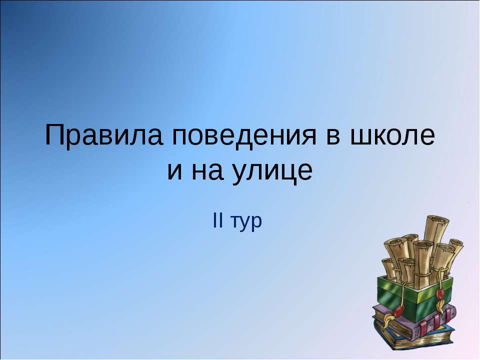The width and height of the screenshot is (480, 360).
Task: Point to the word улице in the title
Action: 274,171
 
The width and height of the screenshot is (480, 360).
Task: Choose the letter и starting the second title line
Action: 174,171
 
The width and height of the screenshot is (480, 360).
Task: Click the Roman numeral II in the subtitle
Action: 218,221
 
